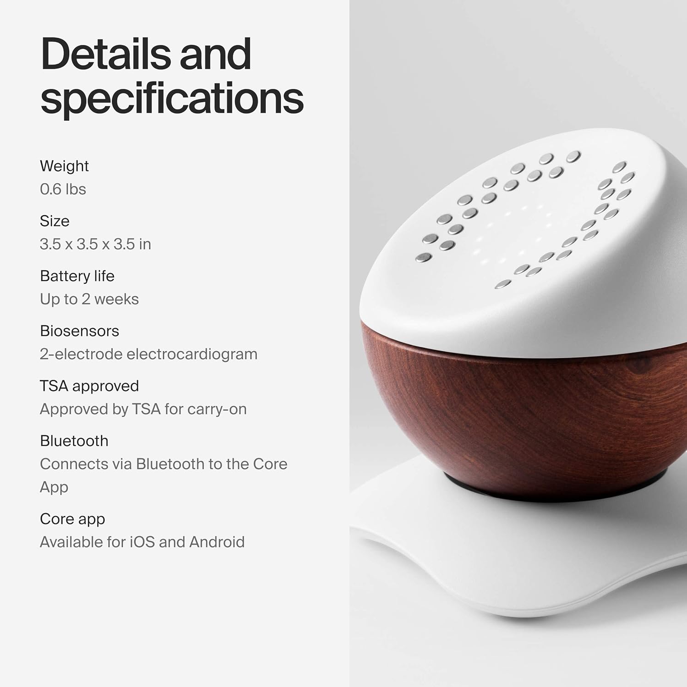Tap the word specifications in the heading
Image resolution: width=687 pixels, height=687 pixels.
[x=172, y=98]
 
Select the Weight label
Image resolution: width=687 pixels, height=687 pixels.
[x=64, y=166]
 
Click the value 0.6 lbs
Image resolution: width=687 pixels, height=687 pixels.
[x=63, y=189]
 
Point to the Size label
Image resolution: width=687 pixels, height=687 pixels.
[x=55, y=221]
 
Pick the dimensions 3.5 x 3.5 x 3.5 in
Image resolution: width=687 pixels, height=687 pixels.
[x=95, y=244]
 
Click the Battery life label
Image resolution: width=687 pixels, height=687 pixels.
[x=77, y=276]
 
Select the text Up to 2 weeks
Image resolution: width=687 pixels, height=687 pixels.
[x=89, y=299]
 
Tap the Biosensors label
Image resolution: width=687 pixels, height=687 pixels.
[x=79, y=331]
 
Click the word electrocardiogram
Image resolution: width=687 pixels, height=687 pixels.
[x=192, y=354]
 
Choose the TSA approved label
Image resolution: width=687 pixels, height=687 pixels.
[x=89, y=386]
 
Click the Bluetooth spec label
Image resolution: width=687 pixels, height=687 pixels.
[x=74, y=441]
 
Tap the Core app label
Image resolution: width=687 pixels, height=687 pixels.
[x=72, y=519]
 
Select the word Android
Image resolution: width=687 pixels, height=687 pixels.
[x=217, y=542]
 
